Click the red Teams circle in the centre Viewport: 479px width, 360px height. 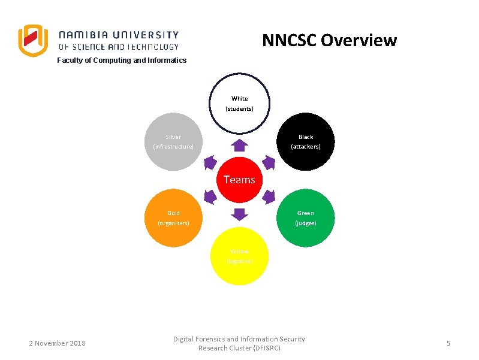click(239, 179)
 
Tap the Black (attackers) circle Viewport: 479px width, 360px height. click(306, 142)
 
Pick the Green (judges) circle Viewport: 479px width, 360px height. click(306, 218)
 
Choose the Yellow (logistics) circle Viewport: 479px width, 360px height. click(239, 256)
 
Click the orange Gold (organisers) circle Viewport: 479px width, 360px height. click(174, 218)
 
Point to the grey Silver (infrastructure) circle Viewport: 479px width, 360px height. click(174, 142)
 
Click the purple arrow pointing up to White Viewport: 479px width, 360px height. click(239, 145)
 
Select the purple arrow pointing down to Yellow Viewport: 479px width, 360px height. click(239, 214)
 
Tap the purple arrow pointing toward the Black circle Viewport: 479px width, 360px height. click(269, 162)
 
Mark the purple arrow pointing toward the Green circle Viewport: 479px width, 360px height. click(269, 196)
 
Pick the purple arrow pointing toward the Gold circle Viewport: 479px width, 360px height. click(210, 196)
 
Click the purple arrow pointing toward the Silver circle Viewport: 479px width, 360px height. click(210, 162)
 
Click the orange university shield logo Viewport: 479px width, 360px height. click(32, 40)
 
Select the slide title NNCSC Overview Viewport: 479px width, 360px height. click(329, 40)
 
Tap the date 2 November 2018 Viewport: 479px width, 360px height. click(58, 343)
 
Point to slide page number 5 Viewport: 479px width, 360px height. click(448, 343)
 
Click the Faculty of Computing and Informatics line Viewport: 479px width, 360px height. click(122, 60)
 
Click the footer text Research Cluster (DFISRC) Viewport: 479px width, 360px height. click(239, 348)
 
